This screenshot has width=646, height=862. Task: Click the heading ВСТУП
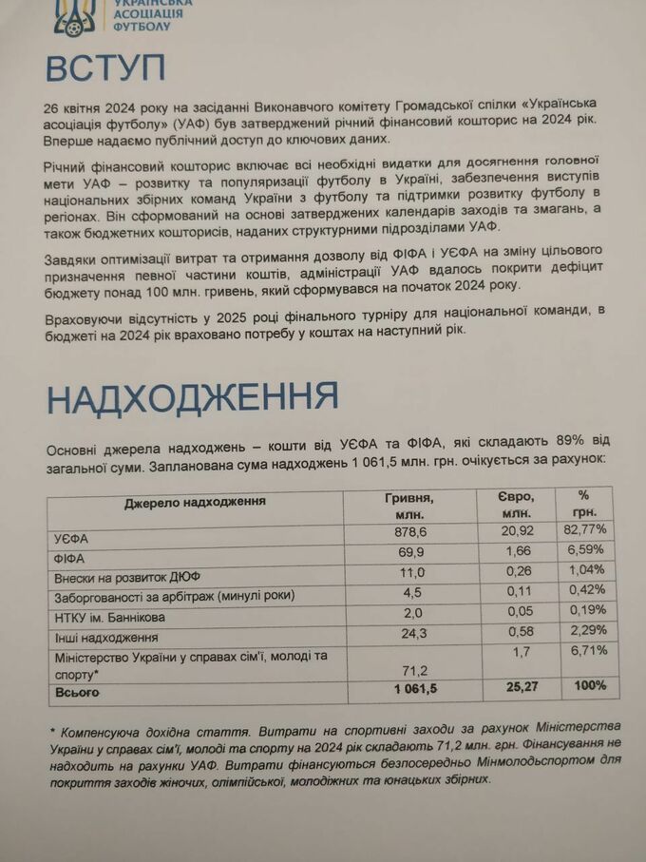coord(106,69)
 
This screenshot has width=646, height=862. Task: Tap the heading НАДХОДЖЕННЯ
coord(194,400)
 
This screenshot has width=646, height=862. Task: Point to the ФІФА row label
coord(70,558)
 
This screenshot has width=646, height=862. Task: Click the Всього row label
coord(77,693)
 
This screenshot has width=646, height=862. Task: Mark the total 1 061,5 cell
coord(409,688)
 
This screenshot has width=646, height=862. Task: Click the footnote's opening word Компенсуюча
coord(104,733)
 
